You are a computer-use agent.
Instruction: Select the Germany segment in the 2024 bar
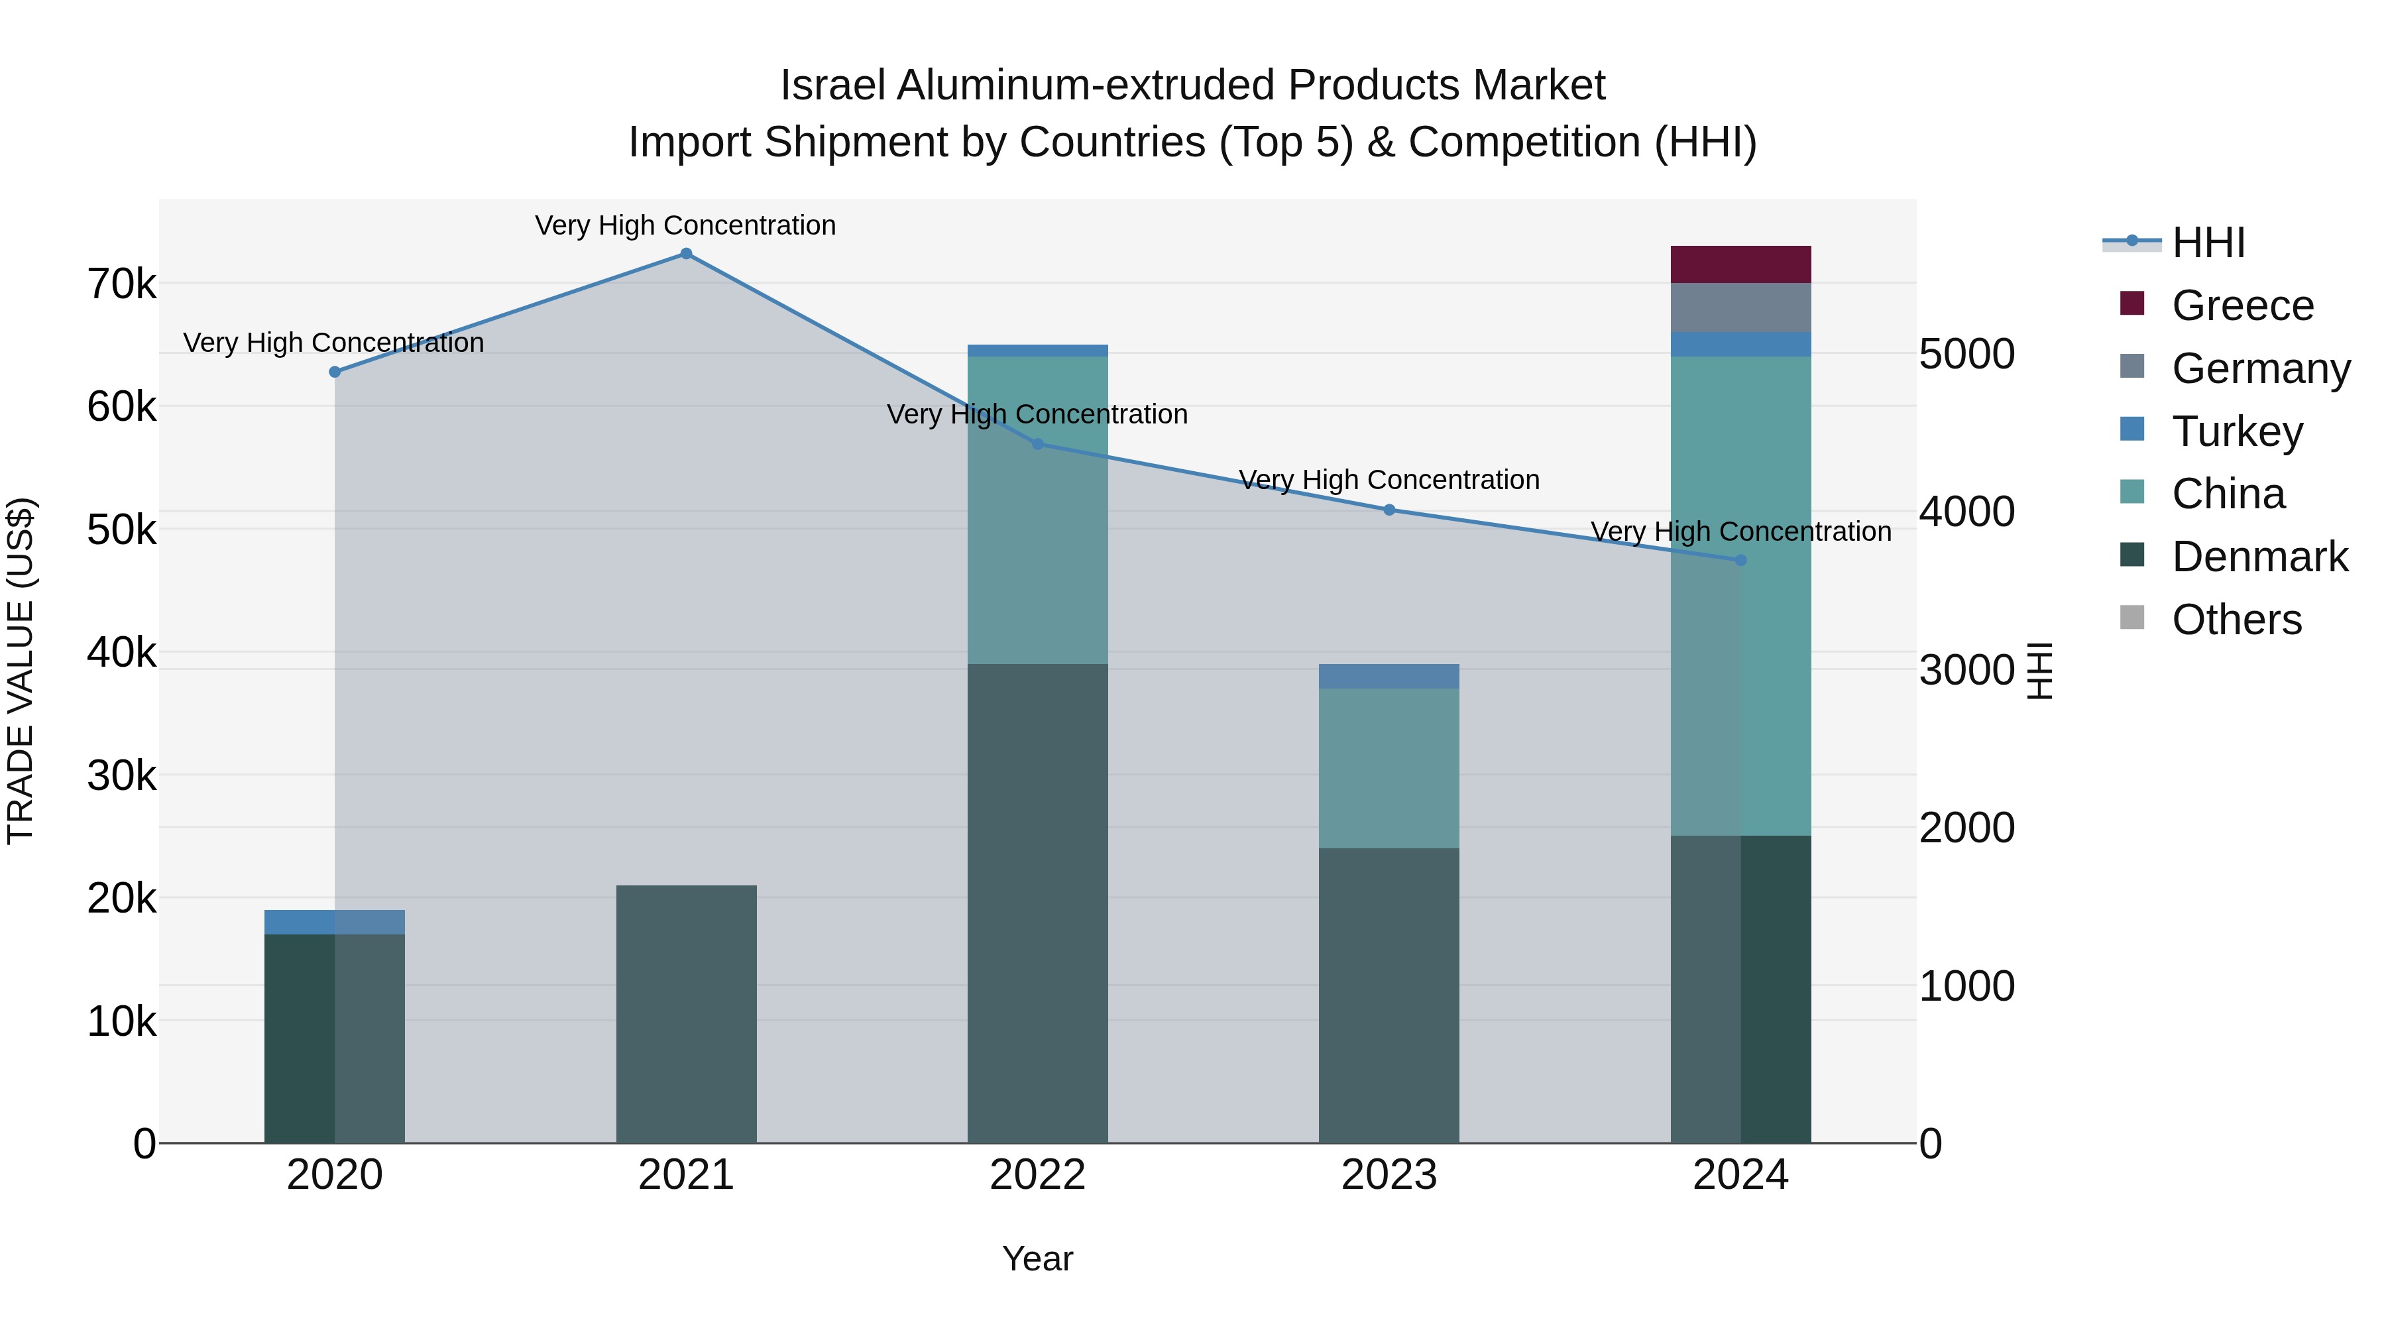coord(1740,308)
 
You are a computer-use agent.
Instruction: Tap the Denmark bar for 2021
coord(687,1014)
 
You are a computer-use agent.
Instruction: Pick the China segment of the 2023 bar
coord(1389,768)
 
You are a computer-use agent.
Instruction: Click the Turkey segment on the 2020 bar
coord(335,922)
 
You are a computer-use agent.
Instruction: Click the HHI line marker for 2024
coord(1740,560)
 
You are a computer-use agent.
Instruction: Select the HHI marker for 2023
coord(1389,510)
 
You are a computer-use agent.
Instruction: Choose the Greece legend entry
coord(2242,306)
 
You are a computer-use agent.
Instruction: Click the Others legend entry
coord(2236,620)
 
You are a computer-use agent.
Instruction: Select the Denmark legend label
coord(2260,557)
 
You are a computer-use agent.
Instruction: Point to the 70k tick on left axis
coord(122,284)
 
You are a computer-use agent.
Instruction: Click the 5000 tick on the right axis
coord(1966,354)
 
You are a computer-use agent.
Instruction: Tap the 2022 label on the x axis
coord(1037,1175)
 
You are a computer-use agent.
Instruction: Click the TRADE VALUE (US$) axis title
coord(21,671)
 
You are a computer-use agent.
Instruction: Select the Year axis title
coord(1037,1258)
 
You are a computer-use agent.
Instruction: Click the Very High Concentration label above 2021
coord(685,225)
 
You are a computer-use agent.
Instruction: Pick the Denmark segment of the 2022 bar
coord(1037,903)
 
